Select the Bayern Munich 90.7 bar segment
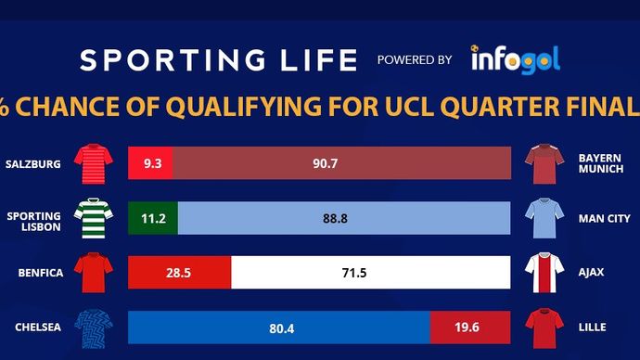[x=340, y=163]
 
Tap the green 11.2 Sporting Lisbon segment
[x=153, y=218]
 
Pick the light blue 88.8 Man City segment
[x=343, y=218]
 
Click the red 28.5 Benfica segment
[x=179, y=273]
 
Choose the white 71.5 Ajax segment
[x=370, y=273]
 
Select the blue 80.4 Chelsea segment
[x=278, y=327]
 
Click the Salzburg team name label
[x=32, y=164]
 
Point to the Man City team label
[x=603, y=219]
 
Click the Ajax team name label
[x=591, y=273]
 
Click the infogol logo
[x=515, y=59]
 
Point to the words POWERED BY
[x=415, y=60]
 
